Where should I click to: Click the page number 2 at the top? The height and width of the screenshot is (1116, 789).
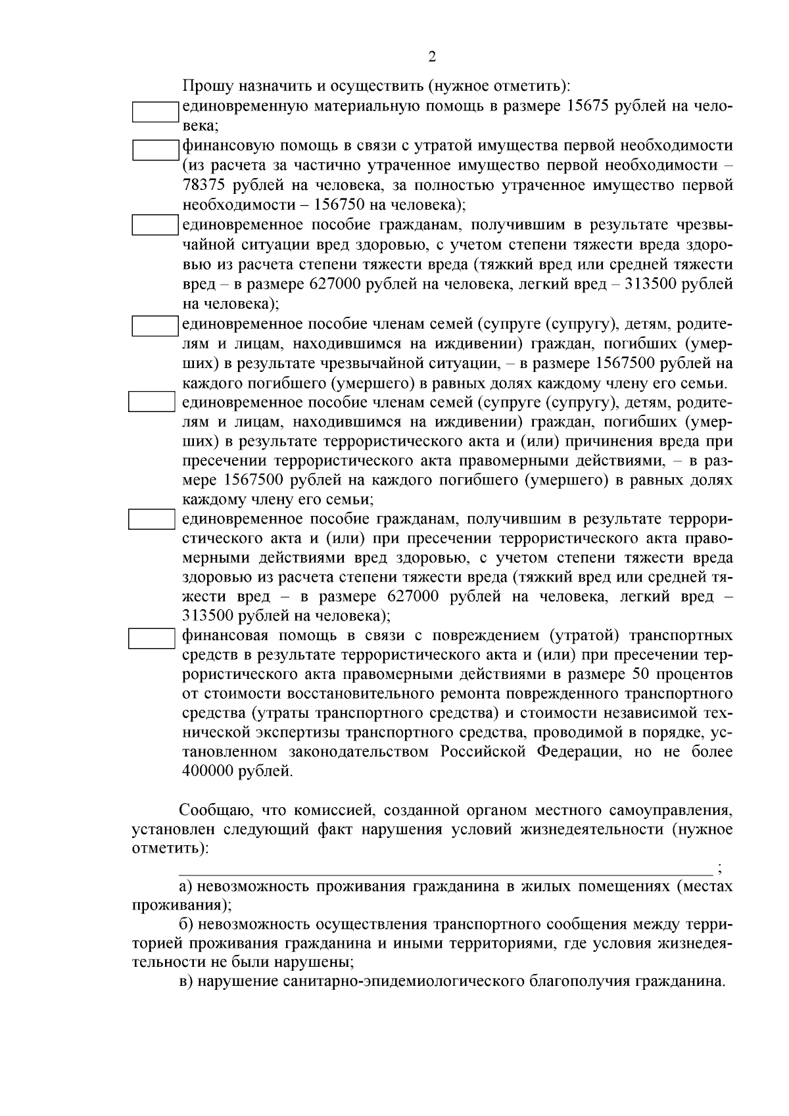pyautogui.click(x=432, y=57)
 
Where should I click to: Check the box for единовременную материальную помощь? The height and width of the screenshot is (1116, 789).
pyautogui.click(x=156, y=112)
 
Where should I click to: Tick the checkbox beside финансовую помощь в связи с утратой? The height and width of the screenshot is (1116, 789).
pyautogui.click(x=156, y=151)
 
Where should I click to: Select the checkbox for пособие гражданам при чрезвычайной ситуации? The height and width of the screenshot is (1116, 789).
pyautogui.click(x=156, y=225)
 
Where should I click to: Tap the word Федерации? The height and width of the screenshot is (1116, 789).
pyautogui.click(x=578, y=751)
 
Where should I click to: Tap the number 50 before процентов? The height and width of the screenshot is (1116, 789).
pyautogui.click(x=639, y=674)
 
